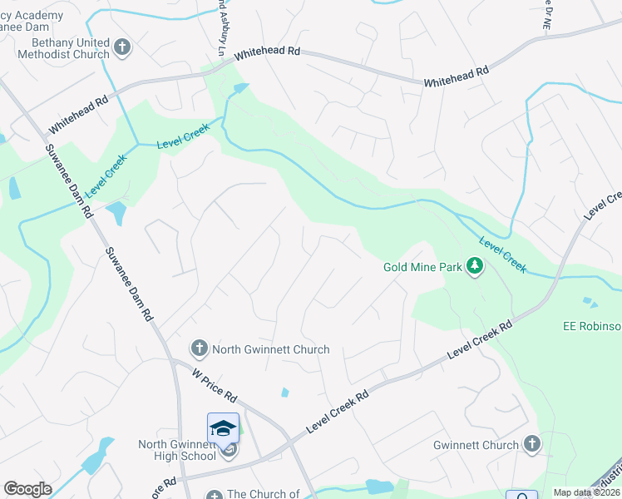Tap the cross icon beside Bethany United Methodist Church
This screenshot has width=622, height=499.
(x=122, y=47)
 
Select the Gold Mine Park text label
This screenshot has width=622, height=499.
(x=422, y=267)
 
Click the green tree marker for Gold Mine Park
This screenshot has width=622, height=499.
(x=475, y=266)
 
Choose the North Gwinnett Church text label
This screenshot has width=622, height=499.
(x=271, y=349)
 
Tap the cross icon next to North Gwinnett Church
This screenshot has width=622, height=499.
(x=199, y=348)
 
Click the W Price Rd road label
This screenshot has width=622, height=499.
(x=215, y=384)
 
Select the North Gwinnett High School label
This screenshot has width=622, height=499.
(x=177, y=450)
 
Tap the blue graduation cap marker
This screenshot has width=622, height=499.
(x=223, y=427)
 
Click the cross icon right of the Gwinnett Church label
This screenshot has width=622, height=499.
(x=532, y=445)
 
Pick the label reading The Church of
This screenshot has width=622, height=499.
(x=263, y=494)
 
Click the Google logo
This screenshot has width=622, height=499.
(x=27, y=489)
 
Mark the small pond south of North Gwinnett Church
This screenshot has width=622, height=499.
(x=285, y=393)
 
